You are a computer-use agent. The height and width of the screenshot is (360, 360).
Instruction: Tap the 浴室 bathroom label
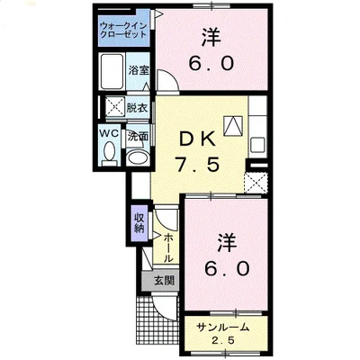[138, 70]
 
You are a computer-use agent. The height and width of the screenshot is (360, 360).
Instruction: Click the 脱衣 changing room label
[138, 106]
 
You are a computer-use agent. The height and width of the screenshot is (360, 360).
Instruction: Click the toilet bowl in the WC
[110, 154]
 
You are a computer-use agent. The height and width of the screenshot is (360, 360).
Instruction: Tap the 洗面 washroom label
[138, 137]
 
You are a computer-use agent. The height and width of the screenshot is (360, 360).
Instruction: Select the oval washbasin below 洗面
[138, 156]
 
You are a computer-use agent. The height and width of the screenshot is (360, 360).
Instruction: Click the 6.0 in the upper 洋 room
[212, 65]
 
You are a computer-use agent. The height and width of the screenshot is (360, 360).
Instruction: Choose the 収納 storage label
[139, 221]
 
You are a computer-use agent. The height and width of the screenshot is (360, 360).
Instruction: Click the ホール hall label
[168, 245]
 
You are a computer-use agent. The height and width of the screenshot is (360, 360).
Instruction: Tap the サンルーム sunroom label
[226, 326]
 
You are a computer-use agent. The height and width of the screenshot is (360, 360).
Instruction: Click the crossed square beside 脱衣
[112, 106]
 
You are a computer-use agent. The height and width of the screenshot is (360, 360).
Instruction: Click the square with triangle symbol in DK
[235, 127]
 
